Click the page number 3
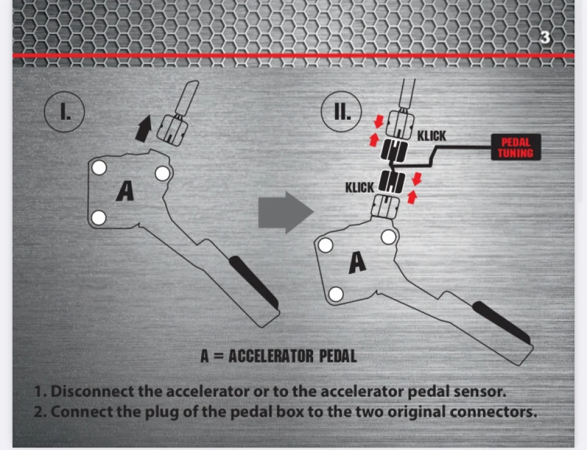545,37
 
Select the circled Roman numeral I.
64,111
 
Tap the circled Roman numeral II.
341,111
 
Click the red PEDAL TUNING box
516,147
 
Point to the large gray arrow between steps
286,212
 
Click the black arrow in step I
143,128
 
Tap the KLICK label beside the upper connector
432,136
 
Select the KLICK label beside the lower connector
360,187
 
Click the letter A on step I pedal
125,191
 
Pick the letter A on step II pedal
358,262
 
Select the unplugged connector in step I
171,130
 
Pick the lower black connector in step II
392,182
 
